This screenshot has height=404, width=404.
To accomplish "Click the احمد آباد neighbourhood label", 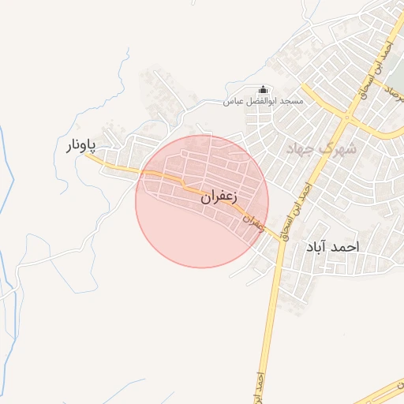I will coord(331,247).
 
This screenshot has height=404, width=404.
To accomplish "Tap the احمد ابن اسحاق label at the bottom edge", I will coord(258,387).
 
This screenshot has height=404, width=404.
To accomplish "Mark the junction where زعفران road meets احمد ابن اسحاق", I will coord(280,239).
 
